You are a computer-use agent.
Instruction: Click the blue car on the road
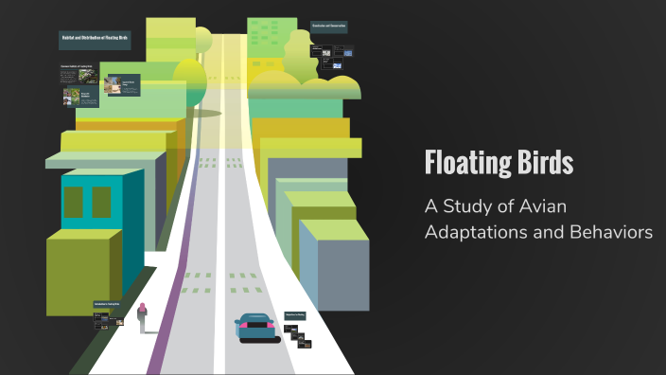point(255,328)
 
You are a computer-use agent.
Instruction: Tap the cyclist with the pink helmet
point(143,317)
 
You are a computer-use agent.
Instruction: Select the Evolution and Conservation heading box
point(328,26)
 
